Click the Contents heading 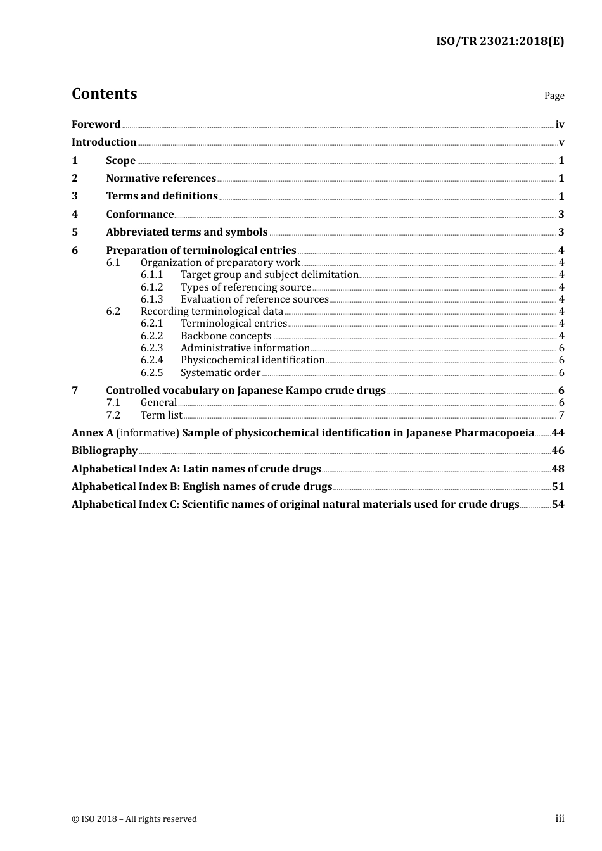(x=104, y=94)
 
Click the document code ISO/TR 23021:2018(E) (x=500, y=42)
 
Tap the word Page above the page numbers (x=554, y=96)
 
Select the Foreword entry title (x=96, y=125)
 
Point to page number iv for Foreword (x=560, y=125)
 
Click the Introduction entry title (x=104, y=142)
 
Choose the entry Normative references (x=161, y=179)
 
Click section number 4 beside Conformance (x=75, y=215)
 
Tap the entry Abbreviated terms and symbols (x=187, y=232)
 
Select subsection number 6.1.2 (x=151, y=287)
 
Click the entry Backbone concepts (x=226, y=336)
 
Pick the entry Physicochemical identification (x=252, y=360)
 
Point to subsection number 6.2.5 (x=151, y=373)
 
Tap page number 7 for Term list (x=561, y=415)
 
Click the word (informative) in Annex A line (x=148, y=433)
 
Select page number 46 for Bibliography (x=558, y=451)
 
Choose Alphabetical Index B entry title (x=202, y=487)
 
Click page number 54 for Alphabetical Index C (x=558, y=505)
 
